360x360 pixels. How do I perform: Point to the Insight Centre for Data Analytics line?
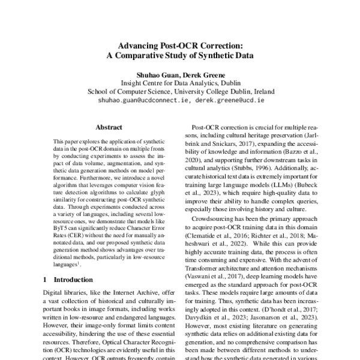click(x=181, y=83)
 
